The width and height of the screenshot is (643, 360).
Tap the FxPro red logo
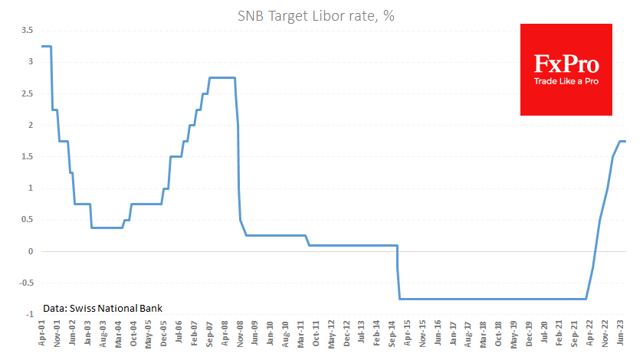click(566, 69)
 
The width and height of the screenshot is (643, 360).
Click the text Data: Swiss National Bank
click(102, 307)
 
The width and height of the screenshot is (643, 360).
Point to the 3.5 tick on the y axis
click(27, 30)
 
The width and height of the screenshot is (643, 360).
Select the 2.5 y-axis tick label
click(27, 93)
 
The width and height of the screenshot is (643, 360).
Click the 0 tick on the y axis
click(30, 251)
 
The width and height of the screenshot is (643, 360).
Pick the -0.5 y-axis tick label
click(25, 283)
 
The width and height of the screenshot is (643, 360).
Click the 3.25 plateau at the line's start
click(46, 46)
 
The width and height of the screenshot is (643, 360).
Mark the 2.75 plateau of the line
click(222, 77)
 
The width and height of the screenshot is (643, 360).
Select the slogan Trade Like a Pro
click(566, 80)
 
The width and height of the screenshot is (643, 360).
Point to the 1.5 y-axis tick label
click(27, 156)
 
